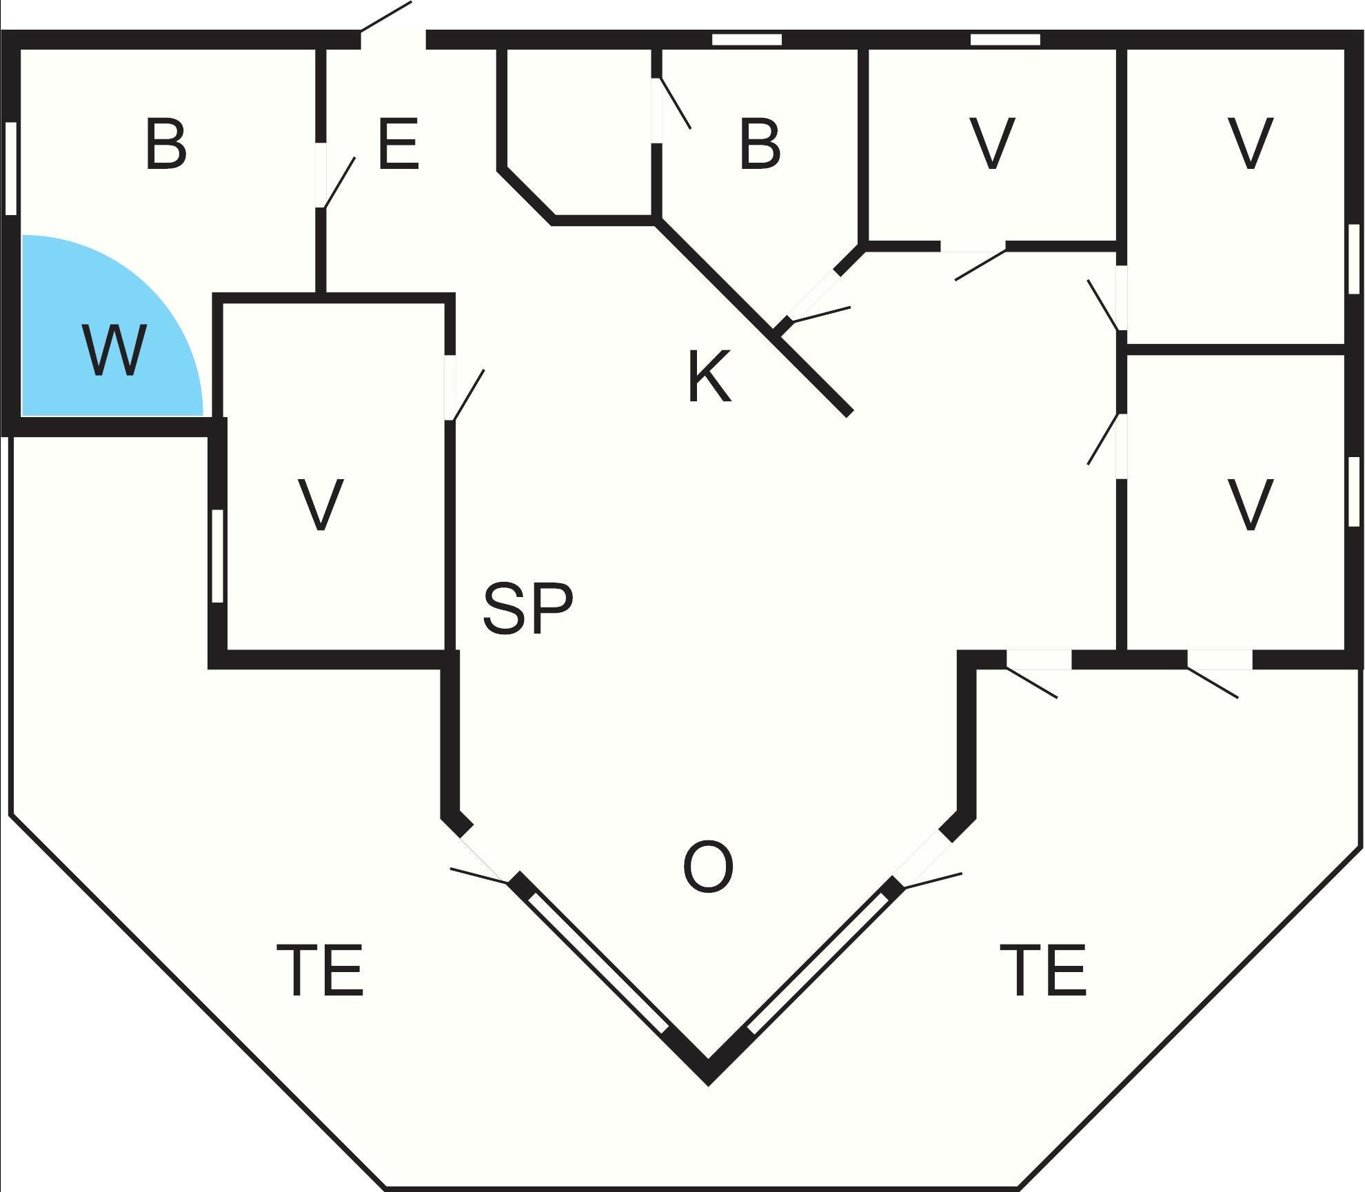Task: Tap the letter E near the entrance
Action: coord(398,144)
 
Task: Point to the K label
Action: coord(709,376)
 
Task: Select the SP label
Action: coord(528,608)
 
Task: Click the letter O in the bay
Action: coord(708,867)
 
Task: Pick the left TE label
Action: coord(320,970)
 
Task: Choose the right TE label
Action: coord(1043,970)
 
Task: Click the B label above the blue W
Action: coord(166,144)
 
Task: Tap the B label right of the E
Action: coord(760,144)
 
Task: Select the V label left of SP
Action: coord(321,505)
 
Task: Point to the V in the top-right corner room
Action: coord(1250,144)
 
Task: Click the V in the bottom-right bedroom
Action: coord(1250,505)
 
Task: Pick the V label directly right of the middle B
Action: coord(992,144)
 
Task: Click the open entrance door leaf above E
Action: coord(386,16)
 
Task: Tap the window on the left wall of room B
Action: coord(10,168)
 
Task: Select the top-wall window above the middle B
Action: coord(747,39)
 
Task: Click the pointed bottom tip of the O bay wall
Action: coord(708,1085)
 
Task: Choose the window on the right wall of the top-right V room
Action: coord(1354,259)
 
